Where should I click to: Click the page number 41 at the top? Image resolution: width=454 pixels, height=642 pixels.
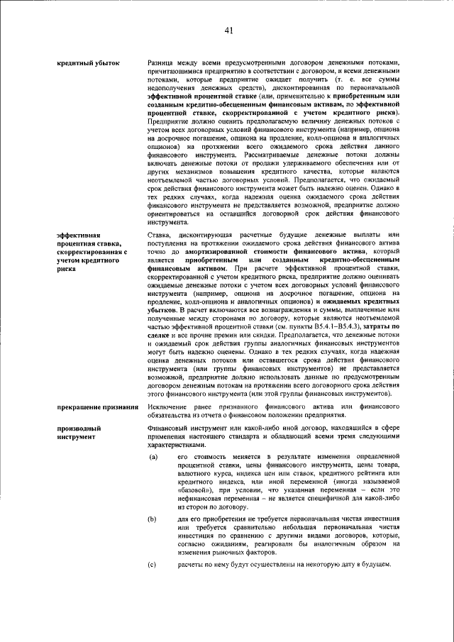click(x=228, y=30)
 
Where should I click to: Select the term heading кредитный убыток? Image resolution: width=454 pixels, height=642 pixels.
click(x=88, y=63)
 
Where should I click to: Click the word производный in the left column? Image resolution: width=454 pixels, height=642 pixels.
click(x=79, y=428)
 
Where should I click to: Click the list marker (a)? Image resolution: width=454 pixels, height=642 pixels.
click(x=153, y=458)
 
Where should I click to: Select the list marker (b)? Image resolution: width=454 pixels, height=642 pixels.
click(x=153, y=519)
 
